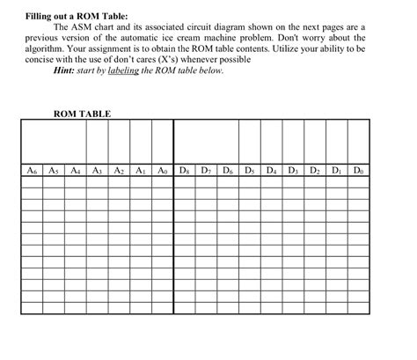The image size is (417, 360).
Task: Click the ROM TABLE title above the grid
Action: (83, 114)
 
